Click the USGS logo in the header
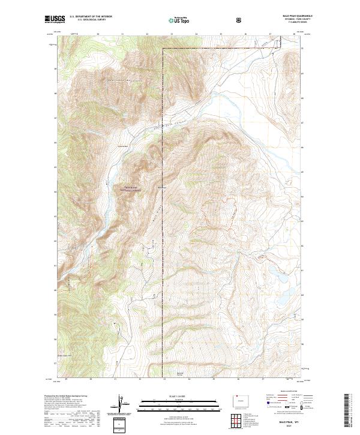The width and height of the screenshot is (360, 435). tap(55, 20)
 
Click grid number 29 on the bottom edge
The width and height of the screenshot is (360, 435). tap(66, 379)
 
